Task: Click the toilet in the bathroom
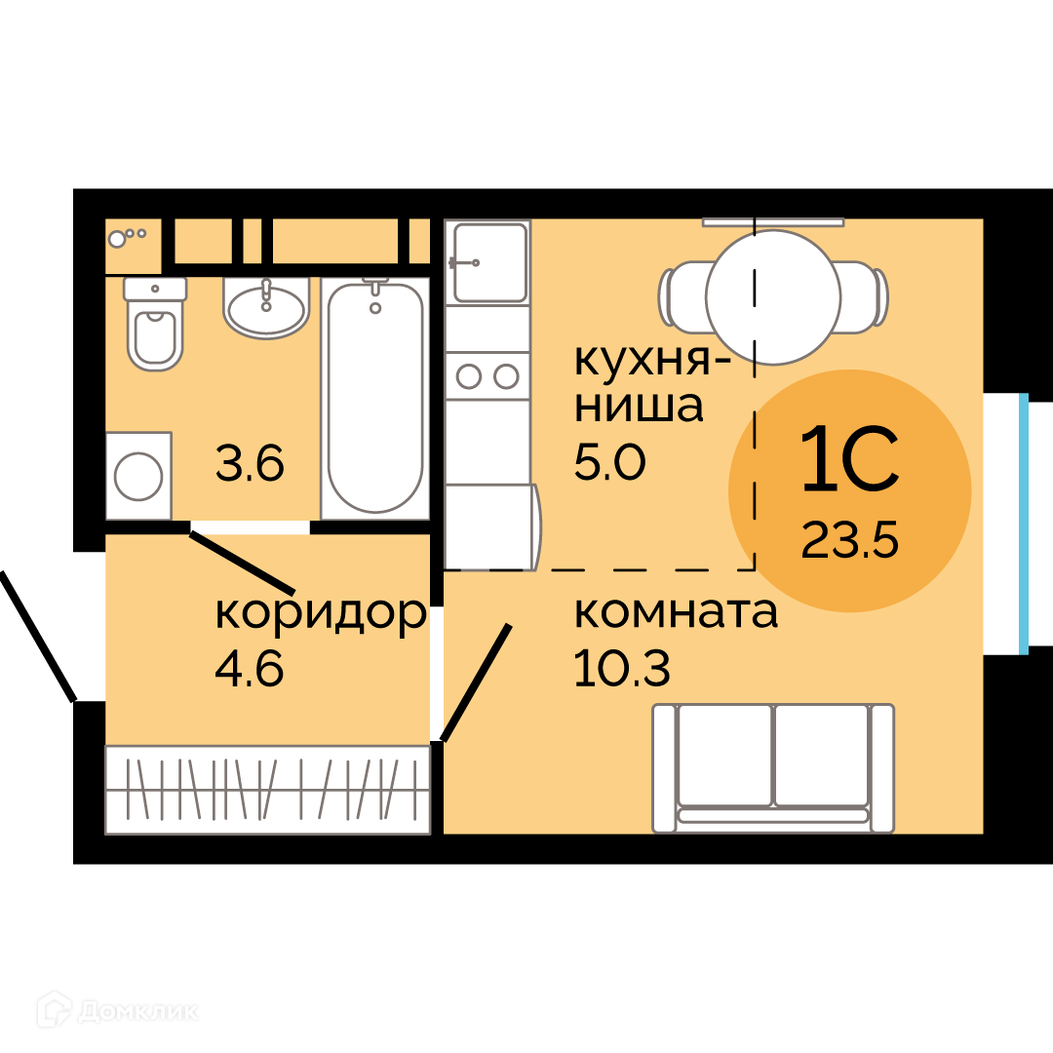click(155, 325)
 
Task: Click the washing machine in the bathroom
click(138, 476)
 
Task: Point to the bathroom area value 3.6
click(250, 463)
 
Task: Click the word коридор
click(321, 612)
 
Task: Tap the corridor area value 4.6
click(250, 669)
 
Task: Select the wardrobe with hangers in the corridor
click(267, 790)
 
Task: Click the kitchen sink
click(488, 262)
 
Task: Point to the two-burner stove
click(487, 376)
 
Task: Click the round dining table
click(773, 297)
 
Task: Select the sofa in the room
click(773, 768)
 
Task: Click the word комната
click(677, 611)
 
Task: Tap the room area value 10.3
click(622, 669)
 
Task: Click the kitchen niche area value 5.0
click(609, 463)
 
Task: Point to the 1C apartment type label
click(849, 458)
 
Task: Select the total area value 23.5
click(849, 540)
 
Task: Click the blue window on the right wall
click(1024, 524)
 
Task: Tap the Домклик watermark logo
click(118, 1010)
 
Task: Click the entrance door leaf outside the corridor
click(37, 636)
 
